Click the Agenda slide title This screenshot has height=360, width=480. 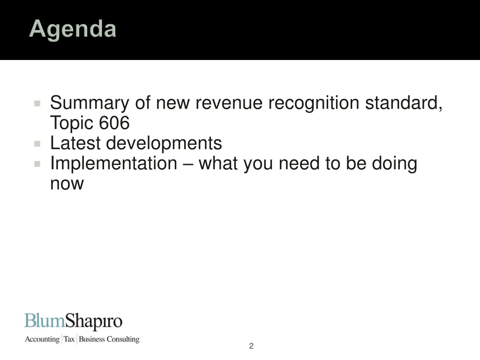coord(73,30)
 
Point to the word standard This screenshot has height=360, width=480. coord(404,103)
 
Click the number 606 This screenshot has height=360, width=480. coord(114,123)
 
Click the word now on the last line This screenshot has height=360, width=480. coord(67,184)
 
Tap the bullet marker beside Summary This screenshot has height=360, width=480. coord(37,103)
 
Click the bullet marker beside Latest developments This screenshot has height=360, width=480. coord(37,143)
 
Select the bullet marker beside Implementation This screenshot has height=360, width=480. coord(37,164)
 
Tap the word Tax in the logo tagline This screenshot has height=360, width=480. coord(69,339)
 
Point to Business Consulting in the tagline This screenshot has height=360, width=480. coord(109,339)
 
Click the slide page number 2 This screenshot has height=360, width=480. coord(251,346)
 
